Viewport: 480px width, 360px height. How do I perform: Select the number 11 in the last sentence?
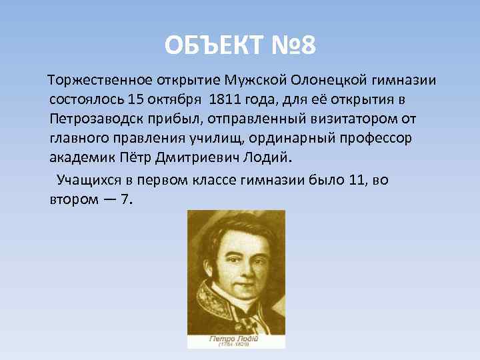pyautogui.click(x=357, y=180)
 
